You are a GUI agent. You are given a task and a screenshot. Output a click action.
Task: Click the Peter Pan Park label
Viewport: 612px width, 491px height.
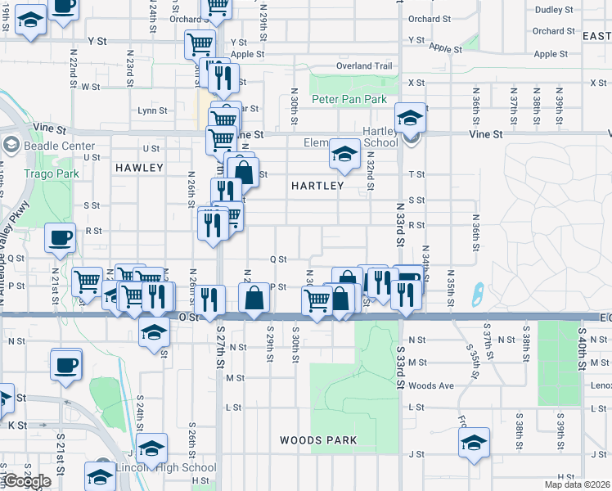349,99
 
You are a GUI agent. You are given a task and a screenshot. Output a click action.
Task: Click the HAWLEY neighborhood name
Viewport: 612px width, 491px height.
139,167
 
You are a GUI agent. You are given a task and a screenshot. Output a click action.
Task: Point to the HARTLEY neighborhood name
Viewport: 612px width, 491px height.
317,186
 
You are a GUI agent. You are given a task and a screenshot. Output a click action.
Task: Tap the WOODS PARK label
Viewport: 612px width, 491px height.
318,440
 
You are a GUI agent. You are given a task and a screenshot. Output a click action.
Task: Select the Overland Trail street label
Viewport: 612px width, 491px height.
364,65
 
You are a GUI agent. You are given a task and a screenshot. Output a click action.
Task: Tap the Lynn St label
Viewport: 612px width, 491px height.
153,110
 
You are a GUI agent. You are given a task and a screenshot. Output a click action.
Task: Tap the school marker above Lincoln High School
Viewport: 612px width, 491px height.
152,448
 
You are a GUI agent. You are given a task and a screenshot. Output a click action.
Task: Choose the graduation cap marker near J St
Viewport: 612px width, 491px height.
474,444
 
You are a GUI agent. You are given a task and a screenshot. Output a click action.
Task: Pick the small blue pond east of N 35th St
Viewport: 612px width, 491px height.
477,291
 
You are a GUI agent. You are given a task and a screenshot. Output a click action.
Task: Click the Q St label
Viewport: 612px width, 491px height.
278,259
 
